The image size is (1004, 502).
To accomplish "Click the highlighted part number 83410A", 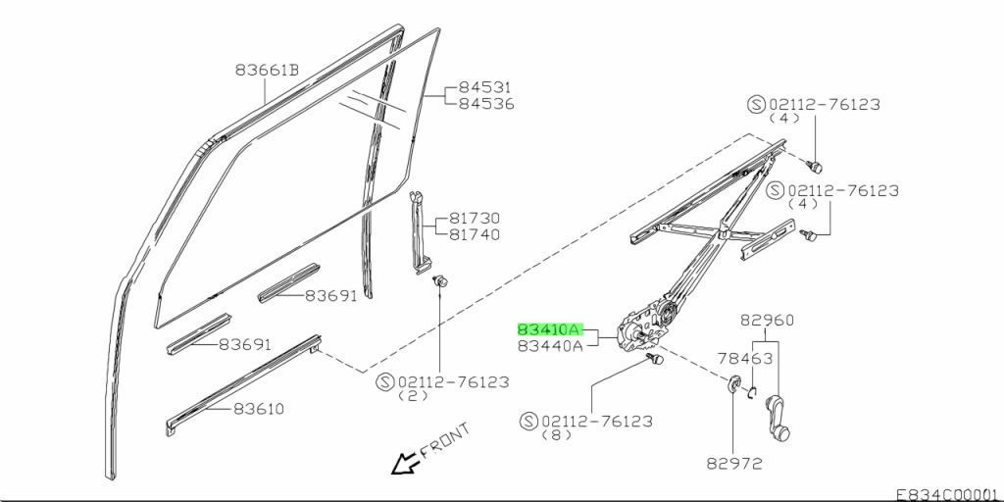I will (x=550, y=329).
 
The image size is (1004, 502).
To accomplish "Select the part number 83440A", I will (x=550, y=345).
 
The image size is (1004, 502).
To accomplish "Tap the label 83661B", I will (x=267, y=71).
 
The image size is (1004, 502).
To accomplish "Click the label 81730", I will (x=475, y=219).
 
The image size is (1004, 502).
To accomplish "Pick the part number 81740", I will (x=475, y=234).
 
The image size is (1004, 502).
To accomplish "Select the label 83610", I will (x=259, y=408).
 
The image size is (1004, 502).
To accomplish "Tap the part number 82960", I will (x=767, y=320).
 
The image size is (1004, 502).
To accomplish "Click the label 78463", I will (x=746, y=359).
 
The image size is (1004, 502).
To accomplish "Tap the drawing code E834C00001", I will (x=947, y=494).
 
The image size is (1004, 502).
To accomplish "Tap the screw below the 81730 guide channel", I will (x=439, y=283).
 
